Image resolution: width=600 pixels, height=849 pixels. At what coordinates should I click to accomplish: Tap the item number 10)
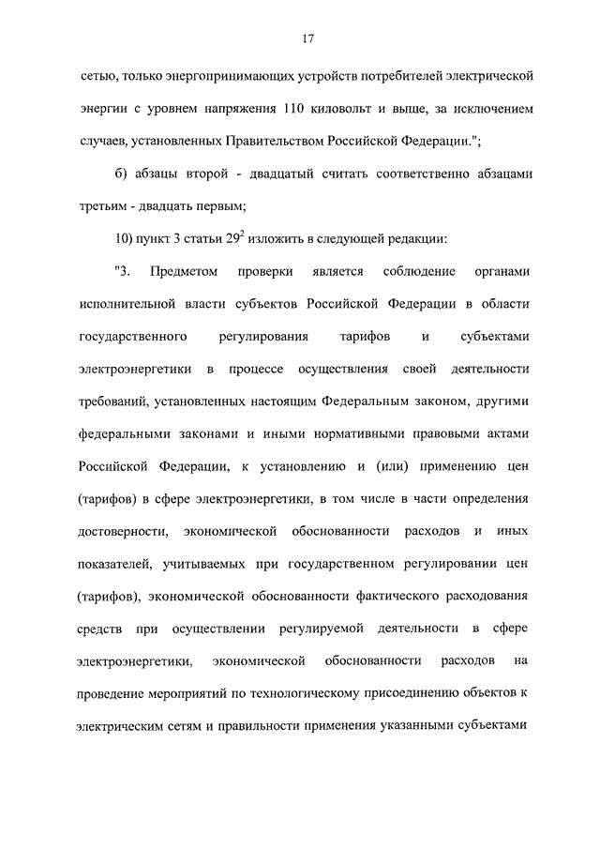(x=126, y=239)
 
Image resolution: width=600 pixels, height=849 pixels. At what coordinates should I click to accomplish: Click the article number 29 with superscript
(x=249, y=238)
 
